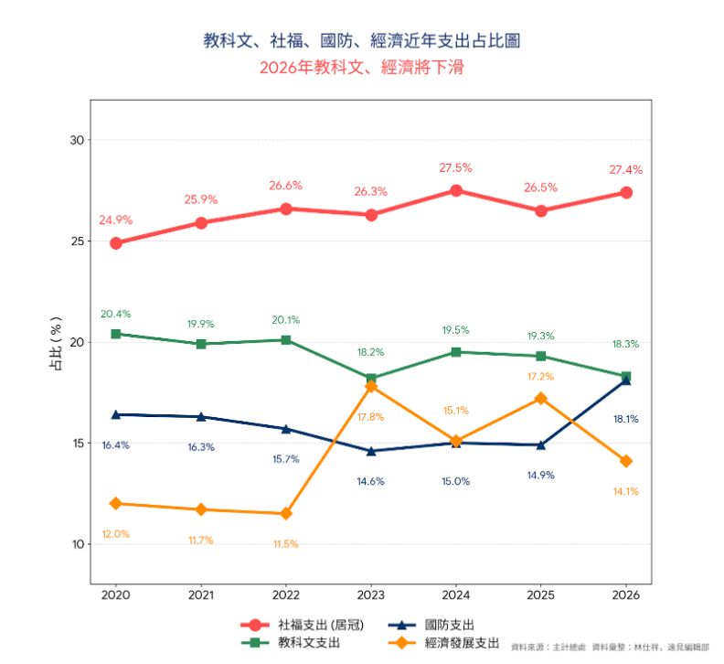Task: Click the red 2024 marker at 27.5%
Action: coord(455,190)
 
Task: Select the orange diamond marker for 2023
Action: coord(370,386)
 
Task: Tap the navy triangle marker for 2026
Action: coord(625,380)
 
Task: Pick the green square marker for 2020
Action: coord(116,334)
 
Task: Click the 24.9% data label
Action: coord(116,220)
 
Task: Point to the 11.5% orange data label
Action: coord(285,544)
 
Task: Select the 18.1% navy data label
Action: coord(625,419)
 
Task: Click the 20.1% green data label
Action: coord(285,320)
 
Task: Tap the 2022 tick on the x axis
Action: coord(285,595)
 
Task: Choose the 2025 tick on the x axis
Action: coord(540,595)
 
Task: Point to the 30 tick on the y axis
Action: coord(77,140)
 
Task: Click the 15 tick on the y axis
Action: coord(77,444)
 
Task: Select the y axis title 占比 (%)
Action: coord(56,342)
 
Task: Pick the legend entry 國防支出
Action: coord(449,625)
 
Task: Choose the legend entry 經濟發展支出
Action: coord(462,643)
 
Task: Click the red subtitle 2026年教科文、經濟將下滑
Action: coord(362,68)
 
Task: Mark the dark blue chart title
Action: coord(362,40)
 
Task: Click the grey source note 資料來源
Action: coord(610,647)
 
